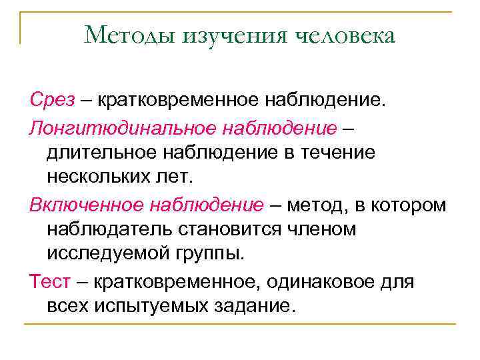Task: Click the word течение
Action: pos(342,152)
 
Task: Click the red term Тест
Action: pos(49,281)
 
